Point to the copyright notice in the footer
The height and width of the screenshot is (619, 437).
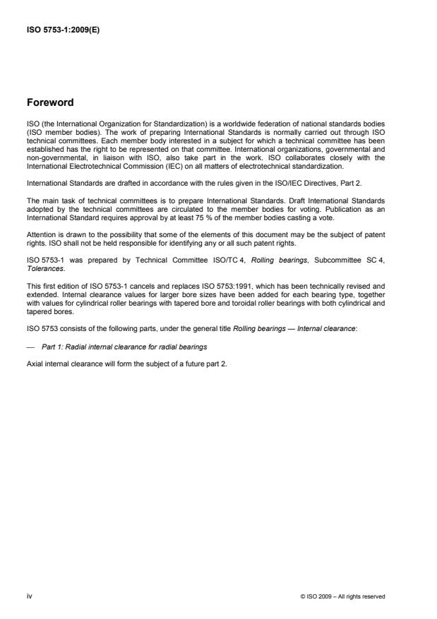343,596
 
